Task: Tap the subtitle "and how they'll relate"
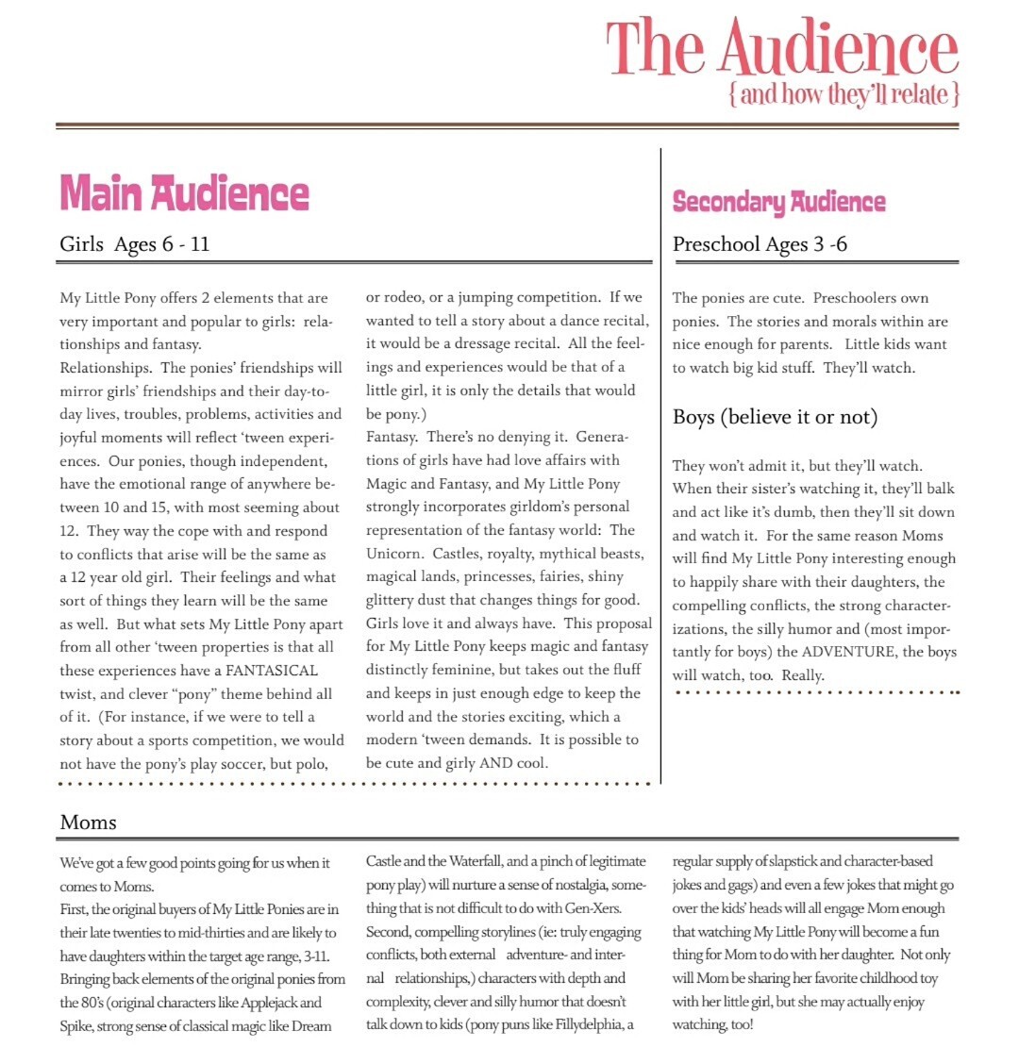[844, 94]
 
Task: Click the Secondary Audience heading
[778, 201]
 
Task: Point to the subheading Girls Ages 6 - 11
[134, 244]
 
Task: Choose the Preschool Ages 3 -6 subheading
[760, 244]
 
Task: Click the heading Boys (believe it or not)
[776, 416]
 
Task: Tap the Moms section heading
[88, 822]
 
